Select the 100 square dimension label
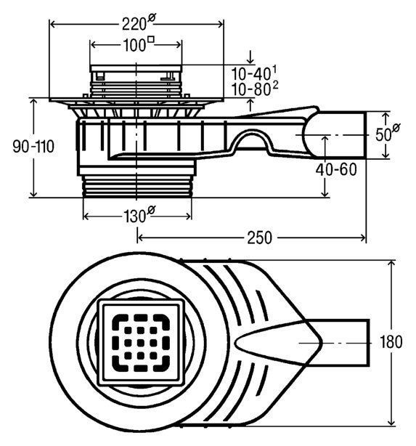pyautogui.click(x=139, y=44)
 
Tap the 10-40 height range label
pyautogui.click(x=253, y=73)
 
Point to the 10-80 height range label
pyautogui.click(x=255, y=89)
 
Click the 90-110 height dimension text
pyautogui.click(x=33, y=147)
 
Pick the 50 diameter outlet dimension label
pyautogui.click(x=387, y=134)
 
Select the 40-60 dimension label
pyautogui.click(x=336, y=169)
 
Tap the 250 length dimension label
pyautogui.click(x=259, y=238)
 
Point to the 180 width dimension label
pyautogui.click(x=391, y=342)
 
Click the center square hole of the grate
pyautogui.click(x=140, y=343)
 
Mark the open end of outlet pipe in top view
pyautogui.click(x=369, y=342)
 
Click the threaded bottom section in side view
pyautogui.click(x=137, y=186)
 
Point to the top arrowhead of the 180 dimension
pyautogui.click(x=391, y=264)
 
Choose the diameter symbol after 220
pyautogui.click(x=152, y=18)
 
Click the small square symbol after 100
pyautogui.click(x=152, y=39)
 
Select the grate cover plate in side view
pyautogui.click(x=136, y=68)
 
